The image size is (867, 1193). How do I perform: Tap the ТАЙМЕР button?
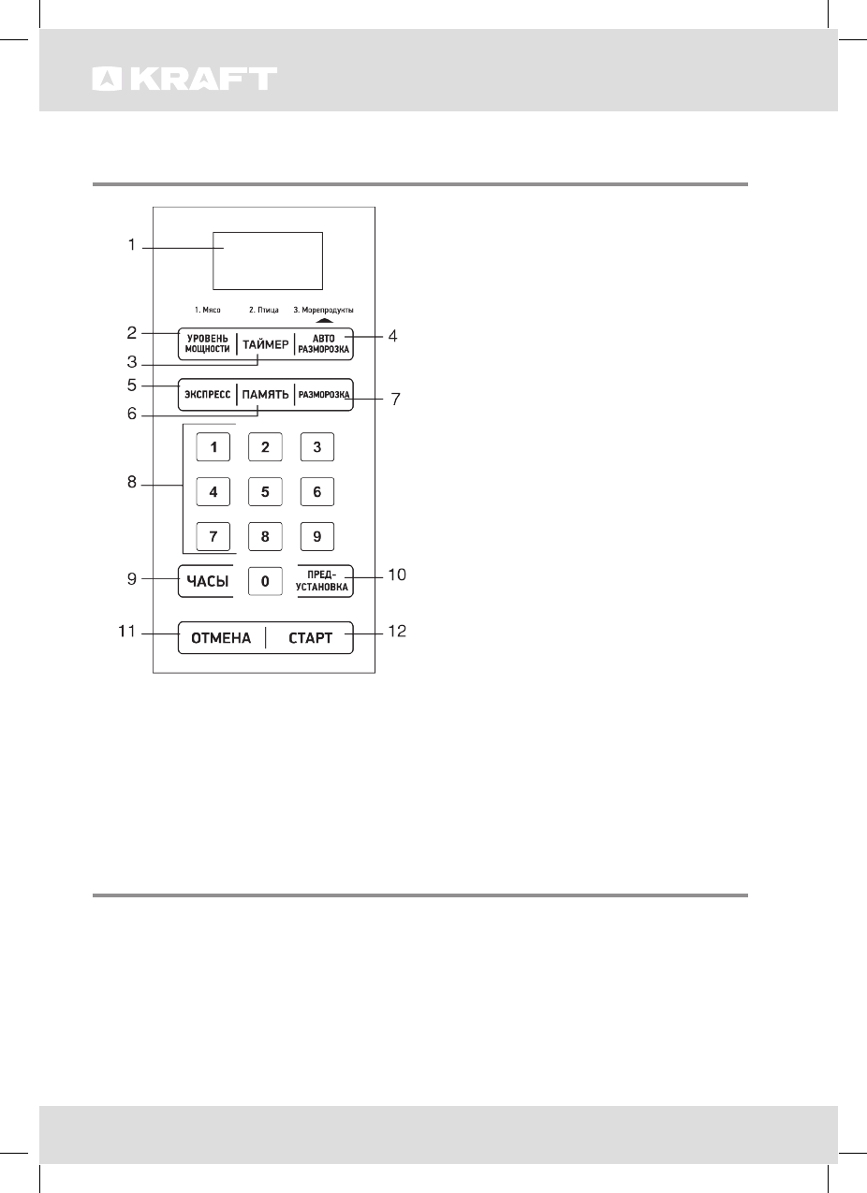click(265, 344)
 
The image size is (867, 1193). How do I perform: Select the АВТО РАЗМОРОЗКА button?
click(323, 344)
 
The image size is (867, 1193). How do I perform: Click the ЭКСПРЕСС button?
click(206, 395)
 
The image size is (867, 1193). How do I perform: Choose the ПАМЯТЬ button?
click(265, 395)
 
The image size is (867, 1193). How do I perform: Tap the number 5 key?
click(265, 490)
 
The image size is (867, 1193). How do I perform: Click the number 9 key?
click(317, 536)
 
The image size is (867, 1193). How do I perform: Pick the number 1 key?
click(213, 447)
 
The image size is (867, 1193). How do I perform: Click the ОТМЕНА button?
click(221, 638)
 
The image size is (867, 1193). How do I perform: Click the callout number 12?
click(396, 632)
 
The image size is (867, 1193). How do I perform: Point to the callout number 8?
click(133, 483)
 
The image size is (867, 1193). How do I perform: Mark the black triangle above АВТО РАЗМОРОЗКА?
click(324, 320)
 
